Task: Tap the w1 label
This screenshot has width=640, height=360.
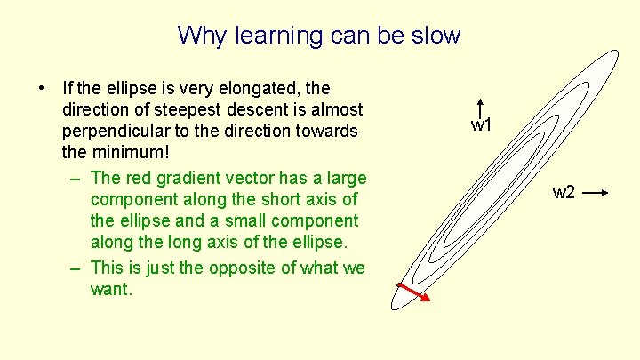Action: click(x=481, y=126)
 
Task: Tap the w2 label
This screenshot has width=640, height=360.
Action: click(x=564, y=193)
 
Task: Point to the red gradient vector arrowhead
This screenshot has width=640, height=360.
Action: click(x=426, y=299)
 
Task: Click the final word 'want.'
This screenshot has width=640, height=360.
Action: click(x=111, y=290)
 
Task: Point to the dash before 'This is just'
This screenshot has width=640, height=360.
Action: click(x=75, y=268)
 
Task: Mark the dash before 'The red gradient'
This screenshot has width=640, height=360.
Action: click(x=75, y=177)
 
